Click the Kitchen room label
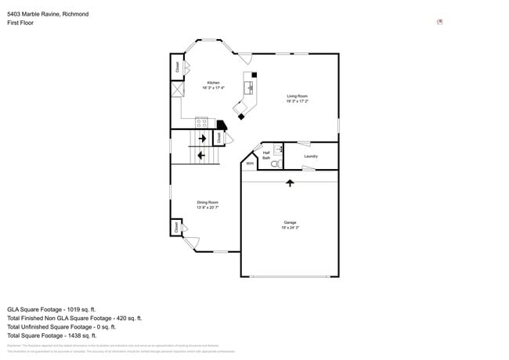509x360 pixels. click(x=212, y=82)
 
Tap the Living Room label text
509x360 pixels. click(x=297, y=95)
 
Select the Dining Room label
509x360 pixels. click(x=207, y=202)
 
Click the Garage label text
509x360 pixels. click(x=290, y=222)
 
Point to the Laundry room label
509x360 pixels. click(x=310, y=156)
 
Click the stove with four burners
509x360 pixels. click(x=201, y=121)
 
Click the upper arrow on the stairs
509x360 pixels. click(x=202, y=139)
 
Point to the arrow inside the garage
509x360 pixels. click(x=290, y=182)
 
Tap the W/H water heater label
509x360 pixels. click(x=249, y=164)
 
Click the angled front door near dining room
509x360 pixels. click(x=190, y=243)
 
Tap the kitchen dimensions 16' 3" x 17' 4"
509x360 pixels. click(x=212, y=88)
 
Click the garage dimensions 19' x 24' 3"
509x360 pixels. click(x=290, y=228)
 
